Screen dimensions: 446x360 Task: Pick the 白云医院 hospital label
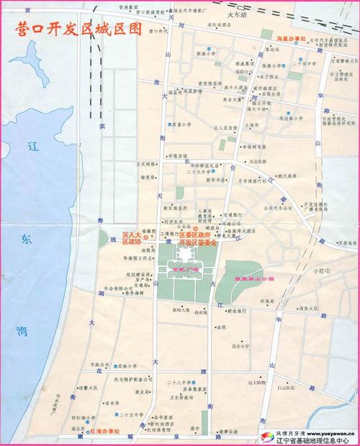271,387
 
